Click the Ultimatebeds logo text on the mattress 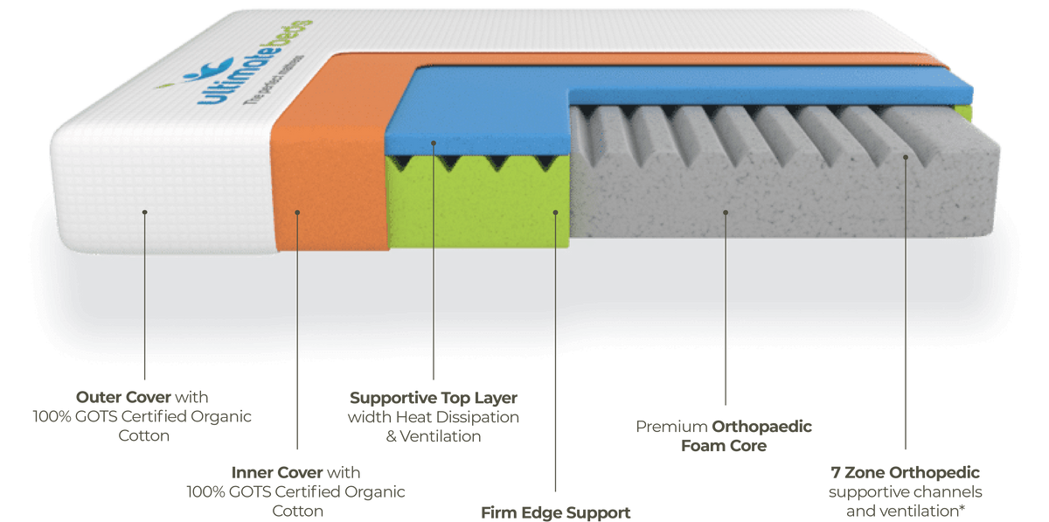click(255, 61)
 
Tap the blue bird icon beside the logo click(209, 69)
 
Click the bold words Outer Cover click(123, 397)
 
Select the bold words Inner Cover click(277, 472)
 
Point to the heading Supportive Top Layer click(434, 399)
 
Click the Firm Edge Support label click(555, 512)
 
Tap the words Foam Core click(724, 446)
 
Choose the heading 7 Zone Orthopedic click(906, 473)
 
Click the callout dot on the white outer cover click(145, 212)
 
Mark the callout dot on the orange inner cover click(297, 212)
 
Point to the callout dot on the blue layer click(434, 143)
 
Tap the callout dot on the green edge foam click(555, 212)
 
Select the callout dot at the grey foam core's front click(726, 212)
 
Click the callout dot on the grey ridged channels click(906, 157)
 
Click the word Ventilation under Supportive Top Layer click(441, 436)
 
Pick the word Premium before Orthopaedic click(671, 427)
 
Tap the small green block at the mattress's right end click(962, 113)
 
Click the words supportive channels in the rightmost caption click(906, 492)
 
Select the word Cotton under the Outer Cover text click(143, 435)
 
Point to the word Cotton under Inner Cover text click(298, 511)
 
